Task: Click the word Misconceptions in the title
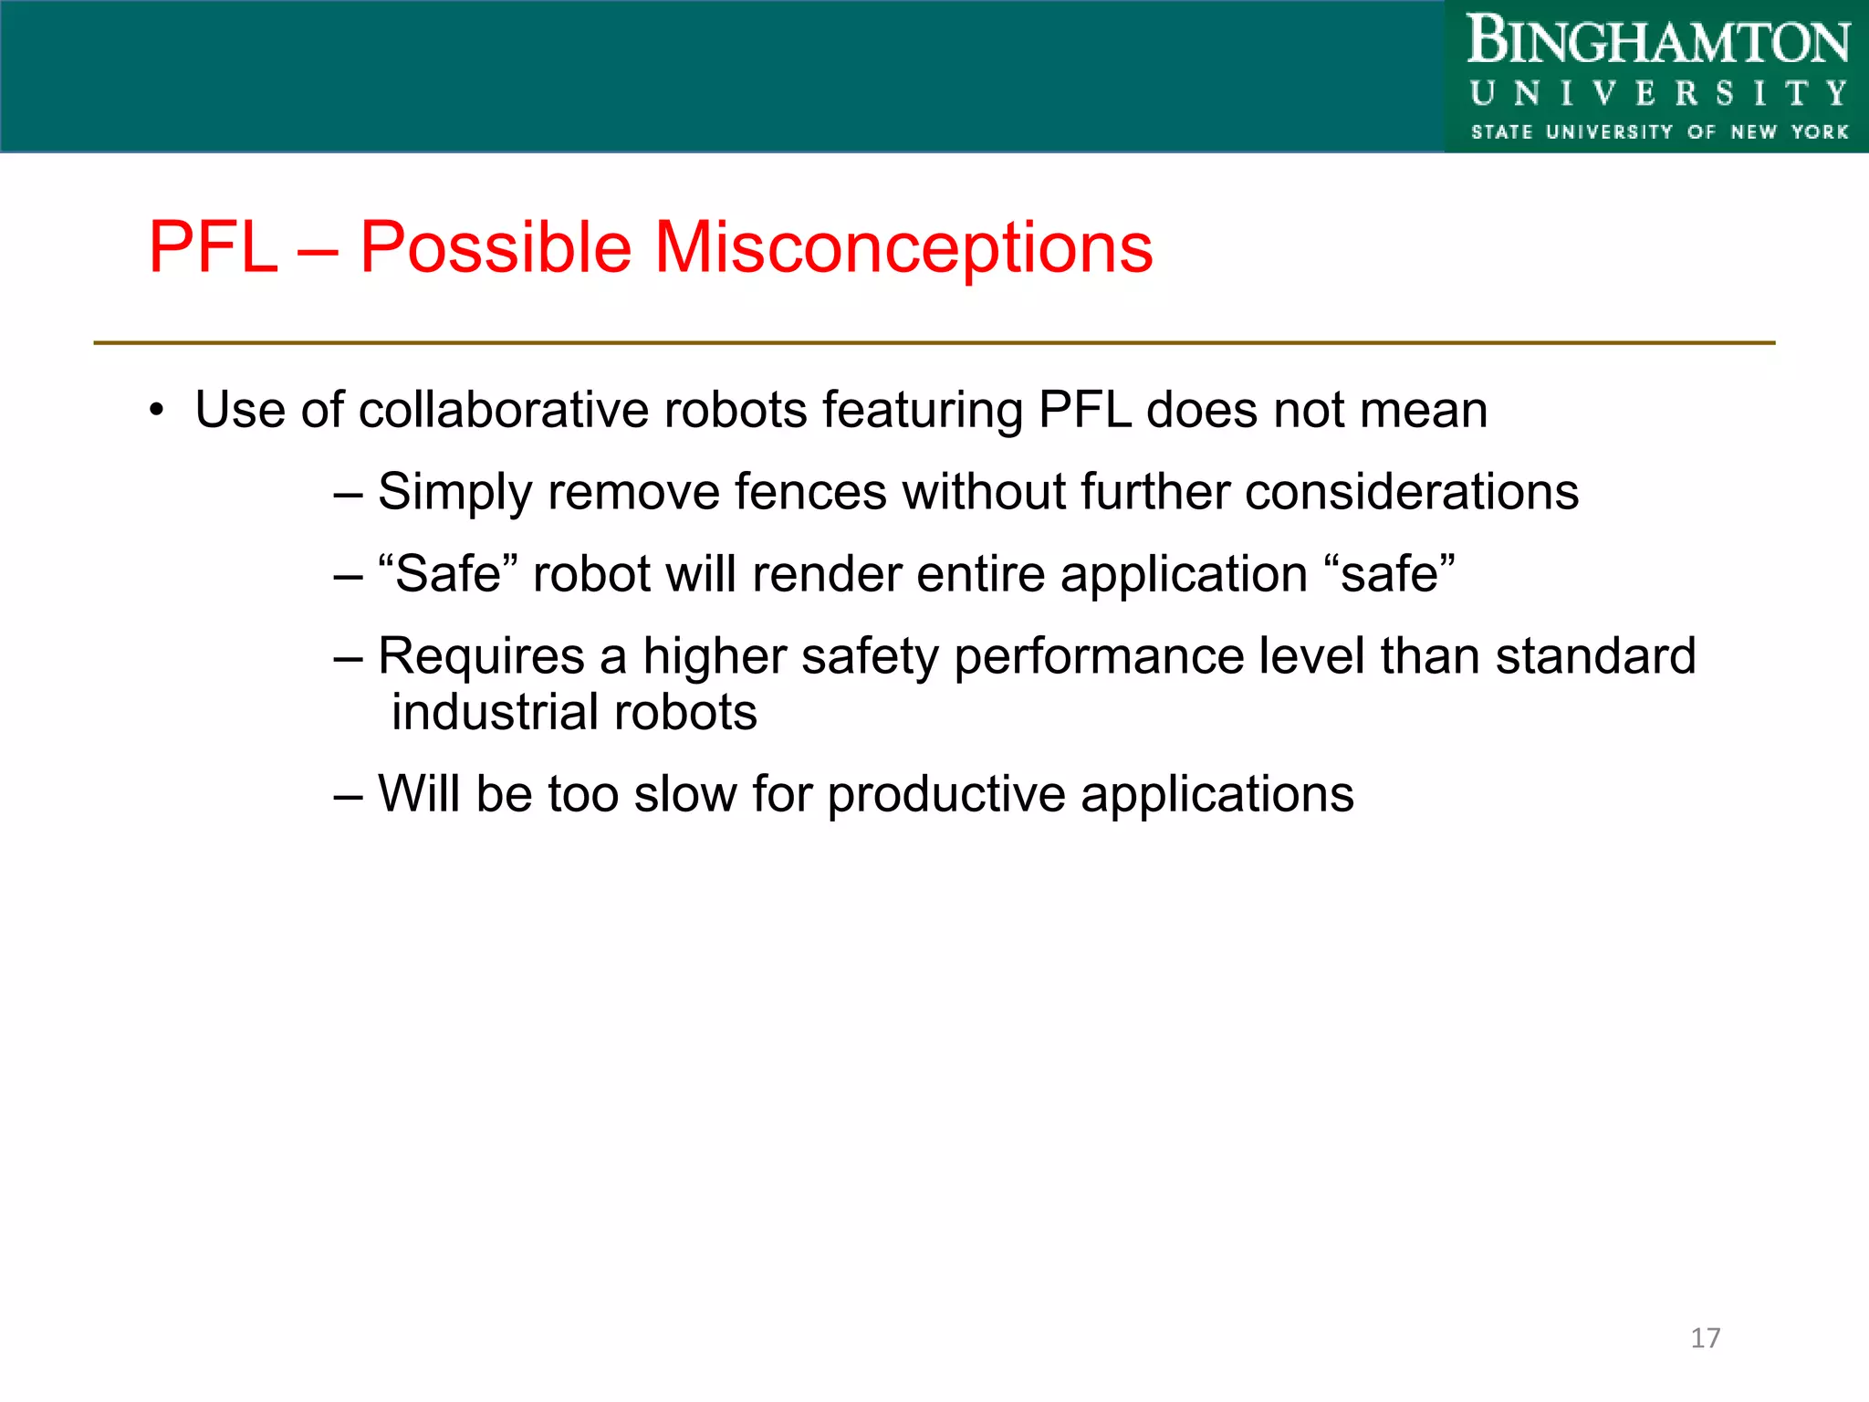pos(903,247)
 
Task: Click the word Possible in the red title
pos(496,247)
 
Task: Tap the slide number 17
pos(1705,1338)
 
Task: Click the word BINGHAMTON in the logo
pos(1658,42)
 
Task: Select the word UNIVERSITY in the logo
pos(1658,93)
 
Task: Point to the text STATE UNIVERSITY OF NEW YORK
pos(1658,132)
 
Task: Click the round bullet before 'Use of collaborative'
pos(157,411)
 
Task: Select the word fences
pos(809,492)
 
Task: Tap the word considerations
pos(1411,492)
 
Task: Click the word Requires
pos(481,656)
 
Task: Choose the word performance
pos(1098,658)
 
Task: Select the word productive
pos(945,795)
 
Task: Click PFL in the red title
pos(213,247)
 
